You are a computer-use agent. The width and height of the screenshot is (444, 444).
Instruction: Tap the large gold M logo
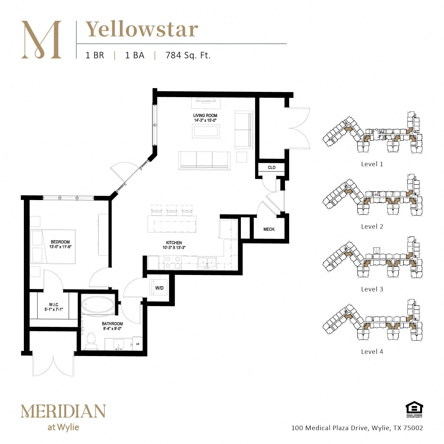tap(41, 39)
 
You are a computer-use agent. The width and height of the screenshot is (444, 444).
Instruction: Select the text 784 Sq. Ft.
tap(188, 55)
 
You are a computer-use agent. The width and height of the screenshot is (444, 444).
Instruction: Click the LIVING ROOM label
tap(205, 115)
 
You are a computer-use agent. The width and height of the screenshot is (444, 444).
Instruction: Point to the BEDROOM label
tap(60, 242)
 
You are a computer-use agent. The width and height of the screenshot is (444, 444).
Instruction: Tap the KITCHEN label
tap(174, 243)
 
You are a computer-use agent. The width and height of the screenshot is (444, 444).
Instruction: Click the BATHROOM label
tap(112, 324)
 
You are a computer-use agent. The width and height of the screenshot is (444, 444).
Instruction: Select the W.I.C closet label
tap(54, 305)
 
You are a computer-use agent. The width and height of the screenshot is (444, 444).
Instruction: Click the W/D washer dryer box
tap(159, 288)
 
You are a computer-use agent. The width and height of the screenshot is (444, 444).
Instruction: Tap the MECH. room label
tap(269, 229)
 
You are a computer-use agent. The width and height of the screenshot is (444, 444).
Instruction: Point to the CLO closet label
tap(272, 167)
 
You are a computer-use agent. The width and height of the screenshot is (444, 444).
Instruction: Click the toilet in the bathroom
tap(91, 341)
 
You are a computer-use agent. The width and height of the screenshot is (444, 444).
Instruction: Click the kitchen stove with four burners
tap(172, 263)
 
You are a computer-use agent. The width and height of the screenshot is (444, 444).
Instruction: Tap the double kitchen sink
tap(207, 263)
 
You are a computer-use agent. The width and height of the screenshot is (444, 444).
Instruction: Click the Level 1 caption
tap(372, 164)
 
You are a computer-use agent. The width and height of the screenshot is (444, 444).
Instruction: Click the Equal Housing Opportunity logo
tap(414, 409)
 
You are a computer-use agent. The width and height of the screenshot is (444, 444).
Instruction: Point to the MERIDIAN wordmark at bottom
tap(63, 411)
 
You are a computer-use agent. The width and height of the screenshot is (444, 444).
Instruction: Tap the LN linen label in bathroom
tap(138, 344)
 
